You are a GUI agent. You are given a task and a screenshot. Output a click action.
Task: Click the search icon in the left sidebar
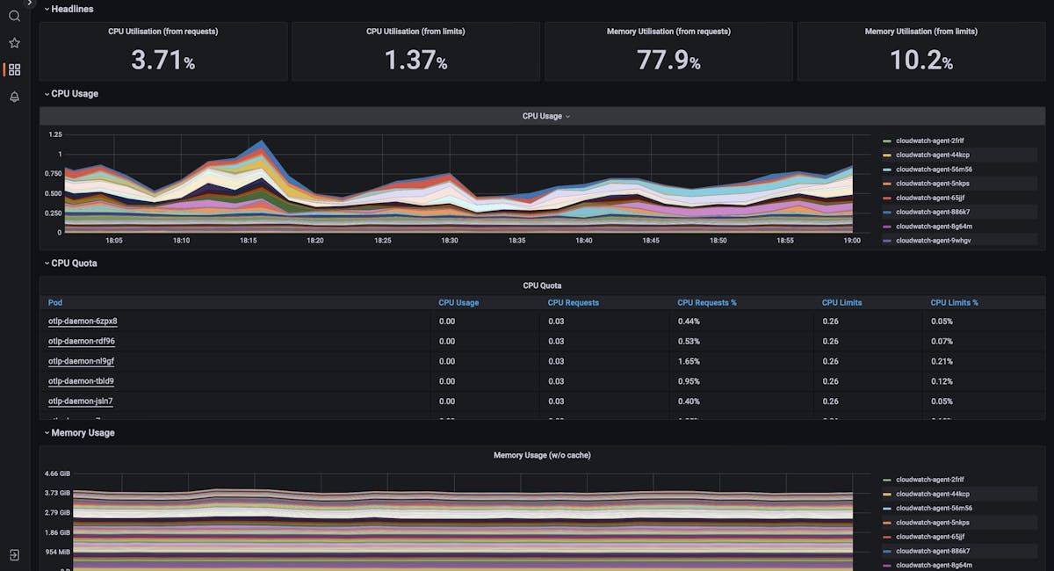click(x=14, y=16)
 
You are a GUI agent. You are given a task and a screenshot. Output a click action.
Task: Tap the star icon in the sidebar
click(x=14, y=42)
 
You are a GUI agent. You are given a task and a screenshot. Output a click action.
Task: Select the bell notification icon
click(x=14, y=97)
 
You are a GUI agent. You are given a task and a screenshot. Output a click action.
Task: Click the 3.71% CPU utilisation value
click(x=162, y=60)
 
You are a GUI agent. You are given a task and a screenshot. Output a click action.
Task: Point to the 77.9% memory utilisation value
click(x=668, y=60)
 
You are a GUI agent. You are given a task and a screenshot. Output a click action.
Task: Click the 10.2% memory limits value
click(x=920, y=60)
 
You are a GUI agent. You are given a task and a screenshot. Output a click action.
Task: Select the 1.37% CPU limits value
click(x=415, y=60)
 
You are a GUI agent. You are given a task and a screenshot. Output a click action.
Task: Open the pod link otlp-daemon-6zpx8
click(x=83, y=322)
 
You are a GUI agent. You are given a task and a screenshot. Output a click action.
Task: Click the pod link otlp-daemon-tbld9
click(x=81, y=381)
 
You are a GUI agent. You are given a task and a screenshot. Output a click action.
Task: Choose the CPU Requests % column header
click(x=706, y=302)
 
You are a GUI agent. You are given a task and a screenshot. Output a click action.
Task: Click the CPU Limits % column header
click(x=954, y=302)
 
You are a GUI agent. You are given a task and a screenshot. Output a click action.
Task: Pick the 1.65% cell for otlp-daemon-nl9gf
click(x=689, y=361)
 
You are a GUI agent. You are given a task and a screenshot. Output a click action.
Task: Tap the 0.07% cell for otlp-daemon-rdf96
click(x=942, y=341)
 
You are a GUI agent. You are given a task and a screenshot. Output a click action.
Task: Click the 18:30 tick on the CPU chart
click(x=450, y=240)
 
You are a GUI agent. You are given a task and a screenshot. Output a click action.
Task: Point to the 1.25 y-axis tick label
click(x=55, y=134)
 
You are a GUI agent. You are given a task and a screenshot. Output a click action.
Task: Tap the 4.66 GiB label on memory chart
click(x=58, y=473)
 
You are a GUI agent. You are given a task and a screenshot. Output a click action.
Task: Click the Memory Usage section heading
click(x=83, y=433)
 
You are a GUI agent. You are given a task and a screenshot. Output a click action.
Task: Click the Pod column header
click(x=55, y=302)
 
